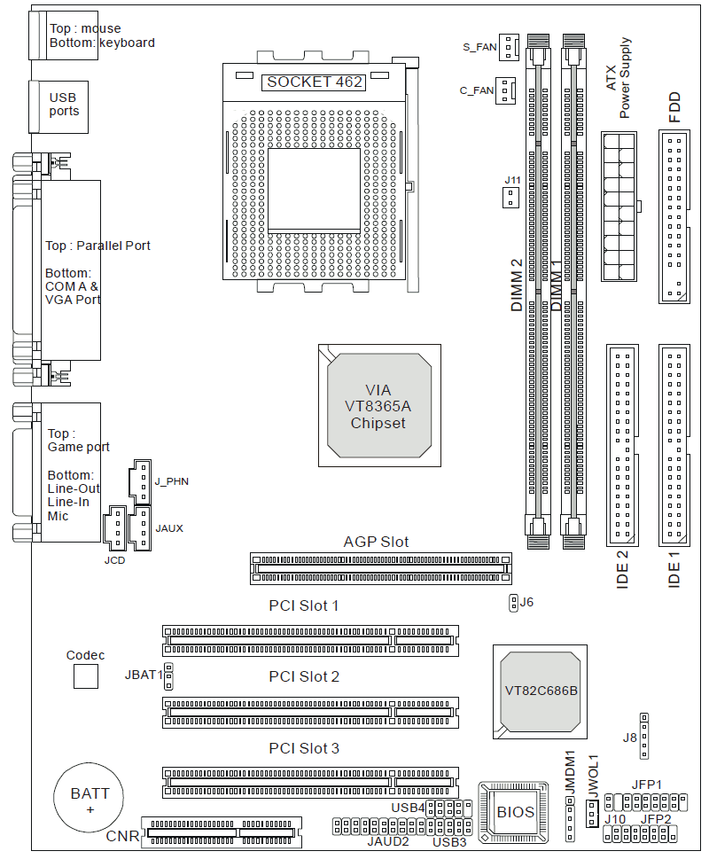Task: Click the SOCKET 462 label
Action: (x=314, y=82)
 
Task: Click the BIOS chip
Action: (x=515, y=810)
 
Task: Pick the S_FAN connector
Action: (x=508, y=46)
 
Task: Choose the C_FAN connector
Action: (x=505, y=90)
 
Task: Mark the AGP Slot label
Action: (x=376, y=542)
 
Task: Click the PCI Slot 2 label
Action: (x=304, y=676)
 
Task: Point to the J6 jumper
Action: (x=512, y=603)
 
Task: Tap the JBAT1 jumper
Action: (x=168, y=676)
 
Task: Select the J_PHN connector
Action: (x=140, y=480)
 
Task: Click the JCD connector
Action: (x=115, y=528)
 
